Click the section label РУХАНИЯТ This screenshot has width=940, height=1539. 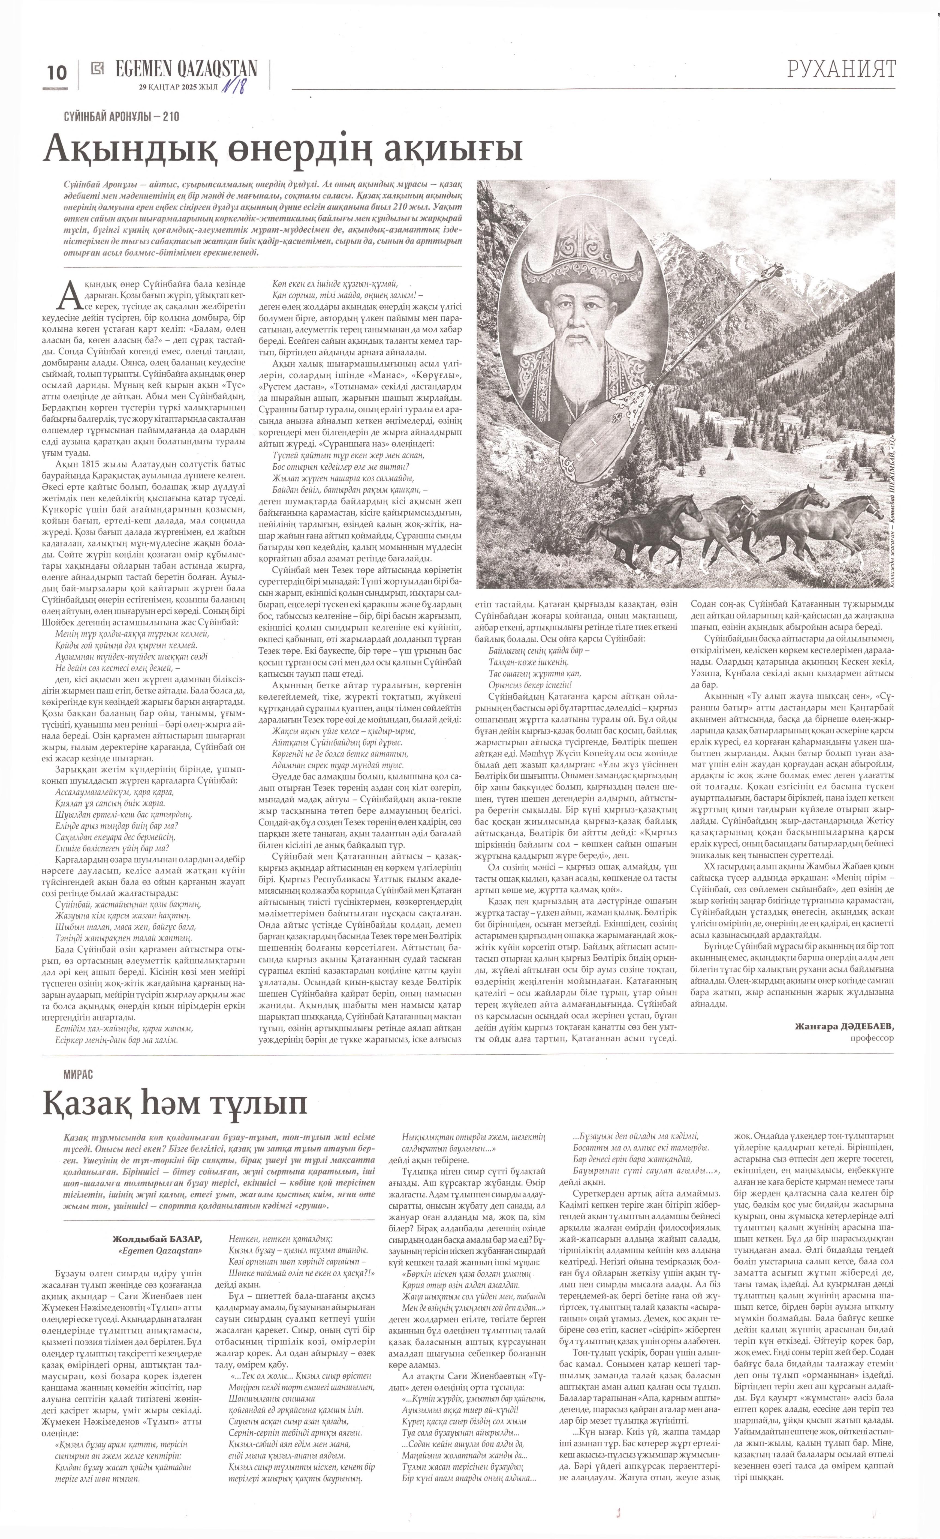pos(841,69)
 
